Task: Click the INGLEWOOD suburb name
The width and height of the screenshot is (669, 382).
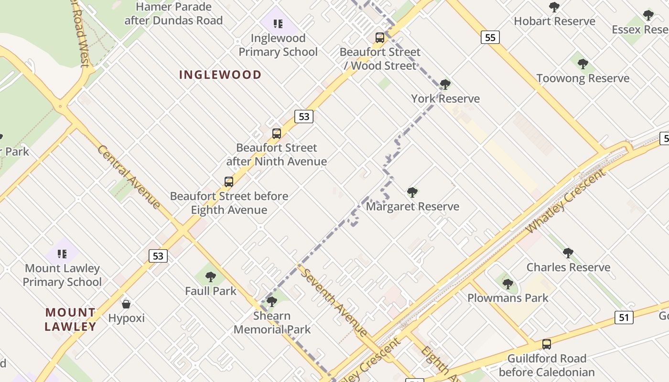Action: (220, 74)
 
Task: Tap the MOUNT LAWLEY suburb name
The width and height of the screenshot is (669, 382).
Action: (71, 319)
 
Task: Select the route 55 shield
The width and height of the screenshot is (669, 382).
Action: (490, 37)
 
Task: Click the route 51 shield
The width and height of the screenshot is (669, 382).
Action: (624, 318)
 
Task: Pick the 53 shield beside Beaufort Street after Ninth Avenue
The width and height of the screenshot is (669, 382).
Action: (303, 116)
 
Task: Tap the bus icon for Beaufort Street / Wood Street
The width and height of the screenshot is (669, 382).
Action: (380, 37)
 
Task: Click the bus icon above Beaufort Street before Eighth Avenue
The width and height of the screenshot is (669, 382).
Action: (229, 181)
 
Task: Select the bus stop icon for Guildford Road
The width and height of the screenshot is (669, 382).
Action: (547, 344)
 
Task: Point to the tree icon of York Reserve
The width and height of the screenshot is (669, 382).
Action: (445, 85)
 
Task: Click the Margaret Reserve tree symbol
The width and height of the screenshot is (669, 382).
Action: (412, 192)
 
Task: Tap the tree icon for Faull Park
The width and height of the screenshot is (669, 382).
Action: (211, 276)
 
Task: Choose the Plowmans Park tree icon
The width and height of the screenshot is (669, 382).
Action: (508, 284)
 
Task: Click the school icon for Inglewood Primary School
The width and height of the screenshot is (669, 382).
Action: (278, 23)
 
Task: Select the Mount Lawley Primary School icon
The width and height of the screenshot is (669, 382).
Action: (62, 254)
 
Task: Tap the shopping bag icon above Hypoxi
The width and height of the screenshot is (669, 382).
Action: (126, 304)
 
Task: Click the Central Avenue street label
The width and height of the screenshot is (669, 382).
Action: (129, 177)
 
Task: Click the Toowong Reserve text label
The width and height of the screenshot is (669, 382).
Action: (583, 78)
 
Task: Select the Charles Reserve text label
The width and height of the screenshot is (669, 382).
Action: (568, 267)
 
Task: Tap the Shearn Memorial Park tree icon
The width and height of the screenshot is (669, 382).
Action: (272, 301)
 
